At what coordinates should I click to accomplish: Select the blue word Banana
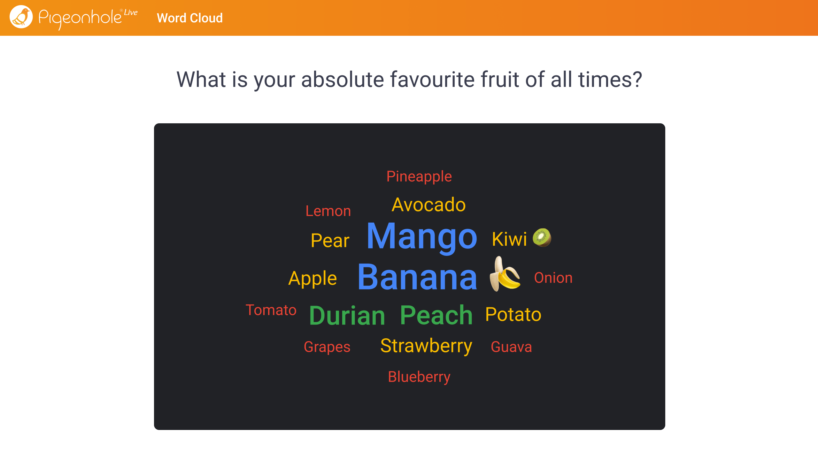417,277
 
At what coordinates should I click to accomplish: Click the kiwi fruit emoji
542,237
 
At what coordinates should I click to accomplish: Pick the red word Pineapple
419,177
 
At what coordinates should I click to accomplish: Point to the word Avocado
428,205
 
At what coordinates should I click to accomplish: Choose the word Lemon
328,211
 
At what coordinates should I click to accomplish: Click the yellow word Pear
330,241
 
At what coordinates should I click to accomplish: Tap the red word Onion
553,278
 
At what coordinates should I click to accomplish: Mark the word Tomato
271,310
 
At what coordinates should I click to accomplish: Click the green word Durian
347,316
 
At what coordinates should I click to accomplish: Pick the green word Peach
436,315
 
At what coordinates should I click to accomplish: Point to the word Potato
513,314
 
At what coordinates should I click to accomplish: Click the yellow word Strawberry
426,346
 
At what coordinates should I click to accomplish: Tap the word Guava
511,347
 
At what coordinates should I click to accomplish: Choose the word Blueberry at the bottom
419,377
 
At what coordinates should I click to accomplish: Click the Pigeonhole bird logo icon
21,17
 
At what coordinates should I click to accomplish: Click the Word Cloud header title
189,18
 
